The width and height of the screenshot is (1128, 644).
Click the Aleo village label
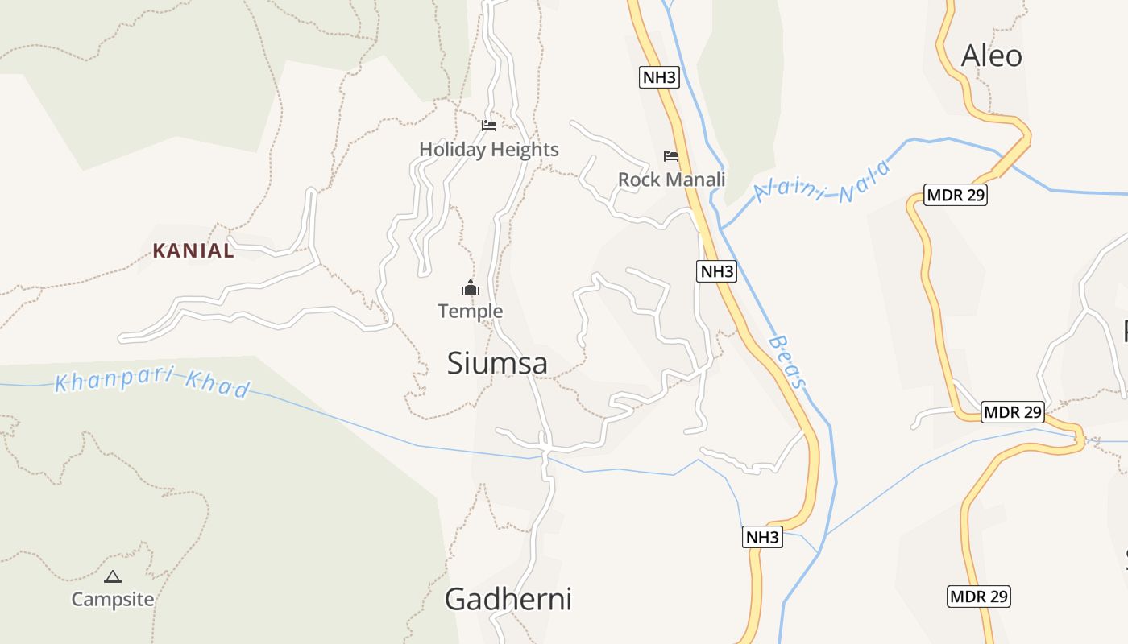991,56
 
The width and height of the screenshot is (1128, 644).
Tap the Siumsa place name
497,363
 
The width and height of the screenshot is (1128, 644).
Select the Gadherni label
508,600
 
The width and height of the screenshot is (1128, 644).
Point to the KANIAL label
193,251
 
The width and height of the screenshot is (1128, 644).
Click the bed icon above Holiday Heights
489,126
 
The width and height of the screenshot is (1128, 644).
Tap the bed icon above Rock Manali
671,155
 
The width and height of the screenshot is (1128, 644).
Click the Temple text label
470,312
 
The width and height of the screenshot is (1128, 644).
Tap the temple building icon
471,287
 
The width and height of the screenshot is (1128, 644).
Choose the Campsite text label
113,600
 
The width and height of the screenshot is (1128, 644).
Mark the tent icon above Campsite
113,576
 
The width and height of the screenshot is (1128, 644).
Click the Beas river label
787,361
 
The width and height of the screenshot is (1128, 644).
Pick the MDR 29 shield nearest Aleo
955,195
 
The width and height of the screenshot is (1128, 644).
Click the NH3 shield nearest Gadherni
762,537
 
